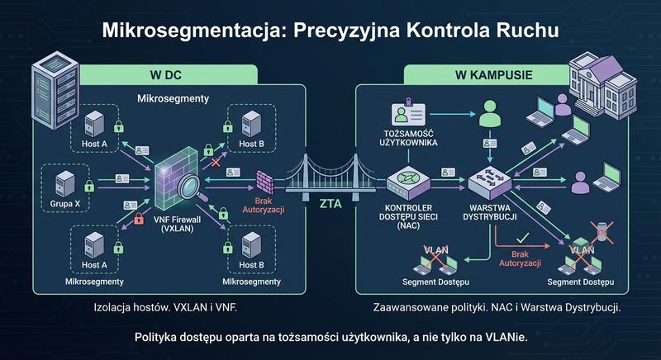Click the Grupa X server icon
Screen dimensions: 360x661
tap(63, 183)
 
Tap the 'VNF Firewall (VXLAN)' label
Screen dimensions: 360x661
tap(180, 224)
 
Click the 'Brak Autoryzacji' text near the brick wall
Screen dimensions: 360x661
tap(265, 204)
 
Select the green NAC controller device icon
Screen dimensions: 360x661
tap(405, 179)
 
